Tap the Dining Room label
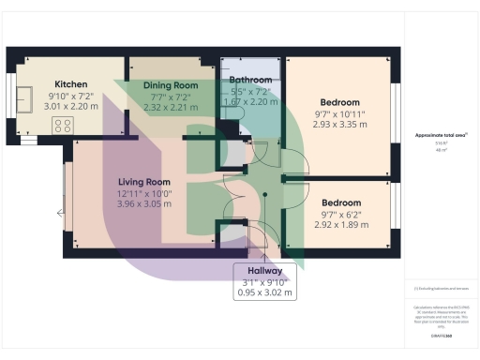[x=171, y=85]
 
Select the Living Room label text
[x=143, y=182]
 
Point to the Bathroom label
[x=250, y=81]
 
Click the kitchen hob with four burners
[x=64, y=125]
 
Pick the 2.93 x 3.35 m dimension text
[x=338, y=125]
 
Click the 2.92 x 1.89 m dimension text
[x=338, y=225]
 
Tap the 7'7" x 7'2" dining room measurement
[x=171, y=97]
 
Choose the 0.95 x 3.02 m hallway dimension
[x=263, y=292]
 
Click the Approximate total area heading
[x=440, y=135]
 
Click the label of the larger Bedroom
[x=338, y=102]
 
